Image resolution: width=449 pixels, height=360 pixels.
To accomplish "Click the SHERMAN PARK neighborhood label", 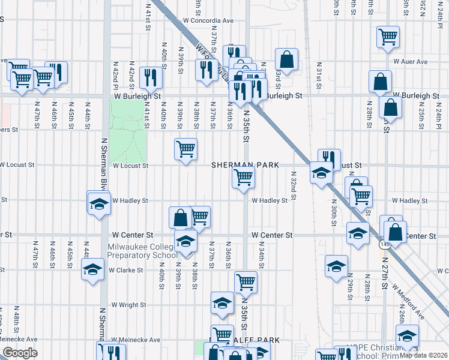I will (245, 165).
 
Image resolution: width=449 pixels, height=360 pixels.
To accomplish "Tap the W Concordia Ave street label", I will (208, 20).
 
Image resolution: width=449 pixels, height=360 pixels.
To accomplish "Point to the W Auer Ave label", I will (411, 61).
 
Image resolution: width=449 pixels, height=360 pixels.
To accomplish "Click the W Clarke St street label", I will (127, 270).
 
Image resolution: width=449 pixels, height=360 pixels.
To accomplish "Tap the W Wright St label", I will (129, 305).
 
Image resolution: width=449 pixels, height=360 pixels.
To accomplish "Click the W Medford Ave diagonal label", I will (409, 301).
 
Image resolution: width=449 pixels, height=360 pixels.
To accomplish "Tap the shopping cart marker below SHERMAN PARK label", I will (244, 177).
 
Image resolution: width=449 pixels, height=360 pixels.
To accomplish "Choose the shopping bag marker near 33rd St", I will (287, 59).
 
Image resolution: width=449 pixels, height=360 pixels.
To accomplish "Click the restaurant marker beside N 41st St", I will (151, 77).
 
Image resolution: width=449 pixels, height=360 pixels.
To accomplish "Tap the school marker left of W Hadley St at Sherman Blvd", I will (99, 203).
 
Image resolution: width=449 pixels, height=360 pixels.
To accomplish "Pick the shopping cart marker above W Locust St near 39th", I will (185, 148).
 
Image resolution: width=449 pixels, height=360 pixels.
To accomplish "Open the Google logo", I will (20, 352).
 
